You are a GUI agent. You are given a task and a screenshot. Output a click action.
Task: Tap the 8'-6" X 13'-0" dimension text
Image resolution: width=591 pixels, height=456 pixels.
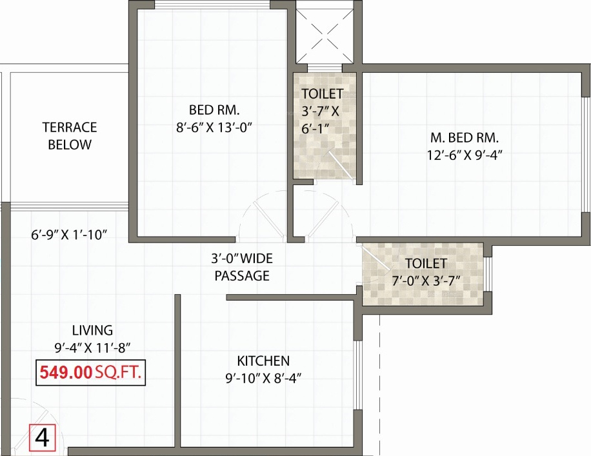(214, 127)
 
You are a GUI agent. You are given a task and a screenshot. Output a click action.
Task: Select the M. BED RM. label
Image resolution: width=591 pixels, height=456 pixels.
(465, 137)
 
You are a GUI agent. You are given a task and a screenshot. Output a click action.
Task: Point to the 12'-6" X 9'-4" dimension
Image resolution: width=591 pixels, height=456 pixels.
(465, 155)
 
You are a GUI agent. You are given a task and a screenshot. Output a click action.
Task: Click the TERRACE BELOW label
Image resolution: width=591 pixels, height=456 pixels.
(70, 135)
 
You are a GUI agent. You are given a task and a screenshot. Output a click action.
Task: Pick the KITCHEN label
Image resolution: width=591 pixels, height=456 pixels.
(263, 361)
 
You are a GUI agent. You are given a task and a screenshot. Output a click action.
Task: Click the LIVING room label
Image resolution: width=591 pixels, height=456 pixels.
(92, 330)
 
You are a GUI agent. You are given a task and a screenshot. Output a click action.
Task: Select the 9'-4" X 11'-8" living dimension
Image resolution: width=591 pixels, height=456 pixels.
(92, 348)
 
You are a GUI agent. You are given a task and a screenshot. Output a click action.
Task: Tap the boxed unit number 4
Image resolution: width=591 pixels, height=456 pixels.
(43, 438)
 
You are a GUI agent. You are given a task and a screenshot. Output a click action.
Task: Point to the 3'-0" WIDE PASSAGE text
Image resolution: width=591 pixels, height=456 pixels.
(242, 267)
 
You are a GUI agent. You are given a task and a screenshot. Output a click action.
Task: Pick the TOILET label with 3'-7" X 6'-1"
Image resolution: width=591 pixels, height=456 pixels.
(322, 111)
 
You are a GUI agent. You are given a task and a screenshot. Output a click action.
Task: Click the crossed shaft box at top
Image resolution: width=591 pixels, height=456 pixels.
(323, 32)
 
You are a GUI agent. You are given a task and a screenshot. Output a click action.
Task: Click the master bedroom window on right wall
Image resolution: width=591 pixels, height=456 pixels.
(586, 155)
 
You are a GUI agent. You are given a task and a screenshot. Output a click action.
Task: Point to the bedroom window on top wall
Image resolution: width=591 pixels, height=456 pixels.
(213, 5)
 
